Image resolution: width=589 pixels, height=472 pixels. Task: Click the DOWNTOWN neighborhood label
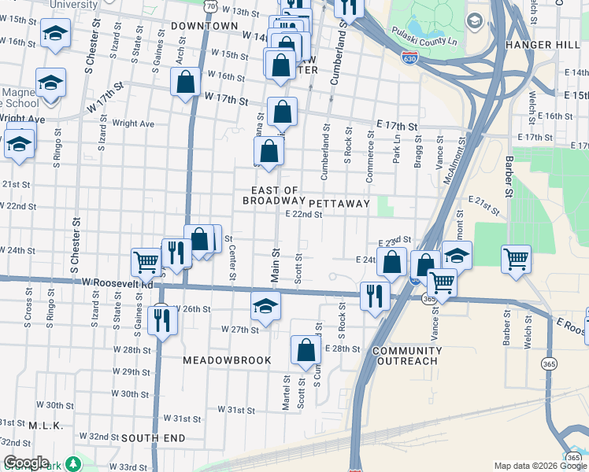tap(205, 26)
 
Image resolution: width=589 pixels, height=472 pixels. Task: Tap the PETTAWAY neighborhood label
tap(339, 203)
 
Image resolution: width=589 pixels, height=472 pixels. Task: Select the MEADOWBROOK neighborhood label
tap(227, 360)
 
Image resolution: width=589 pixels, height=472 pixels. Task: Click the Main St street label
tap(276, 266)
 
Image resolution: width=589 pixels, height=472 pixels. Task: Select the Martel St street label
tap(286, 392)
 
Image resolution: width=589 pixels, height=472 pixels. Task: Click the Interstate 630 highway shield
tap(409, 57)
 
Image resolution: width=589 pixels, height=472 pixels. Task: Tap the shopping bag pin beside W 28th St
tap(306, 349)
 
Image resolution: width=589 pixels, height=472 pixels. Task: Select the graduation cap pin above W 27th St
tap(266, 305)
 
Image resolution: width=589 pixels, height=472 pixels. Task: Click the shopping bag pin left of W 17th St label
tap(185, 81)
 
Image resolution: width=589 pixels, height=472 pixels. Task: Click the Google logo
tap(26, 463)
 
